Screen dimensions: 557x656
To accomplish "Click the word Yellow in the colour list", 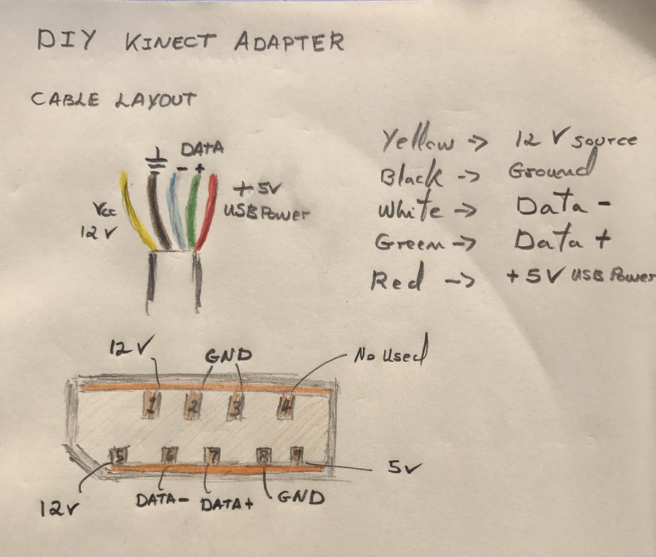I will pyautogui.click(x=419, y=141).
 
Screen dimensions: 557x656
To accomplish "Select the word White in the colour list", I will pyautogui.click(x=409, y=210).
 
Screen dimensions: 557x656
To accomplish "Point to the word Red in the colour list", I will pyautogui.click(x=397, y=280).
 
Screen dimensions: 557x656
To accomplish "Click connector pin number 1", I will pyautogui.click(x=152, y=403).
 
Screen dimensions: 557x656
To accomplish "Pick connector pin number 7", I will pyautogui.click(x=213, y=457).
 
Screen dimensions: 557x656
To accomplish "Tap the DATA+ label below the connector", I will pyautogui.click(x=227, y=502).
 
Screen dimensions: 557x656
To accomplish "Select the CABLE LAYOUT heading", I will pyautogui.click(x=113, y=99).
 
